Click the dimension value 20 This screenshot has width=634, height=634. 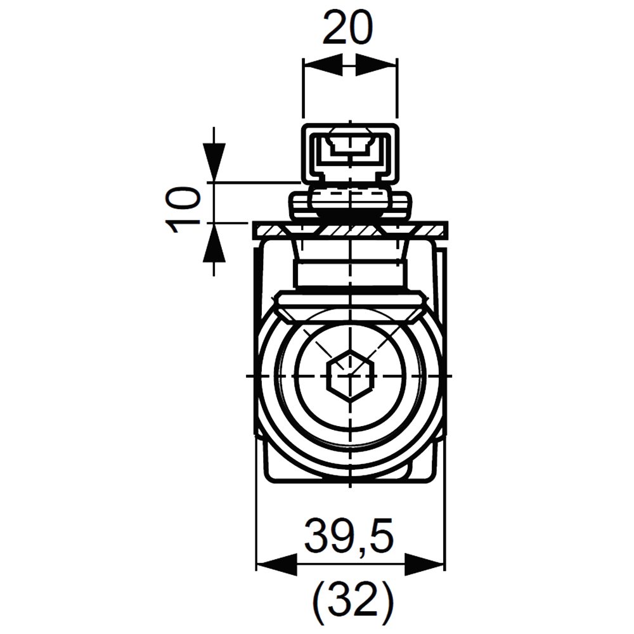pos(347,29)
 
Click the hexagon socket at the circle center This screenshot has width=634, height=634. pos(349,375)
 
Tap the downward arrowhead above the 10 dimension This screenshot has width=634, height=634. pos(214,162)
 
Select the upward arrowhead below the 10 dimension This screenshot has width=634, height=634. pos(214,243)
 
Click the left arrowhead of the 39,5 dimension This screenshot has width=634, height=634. pos(277,564)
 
